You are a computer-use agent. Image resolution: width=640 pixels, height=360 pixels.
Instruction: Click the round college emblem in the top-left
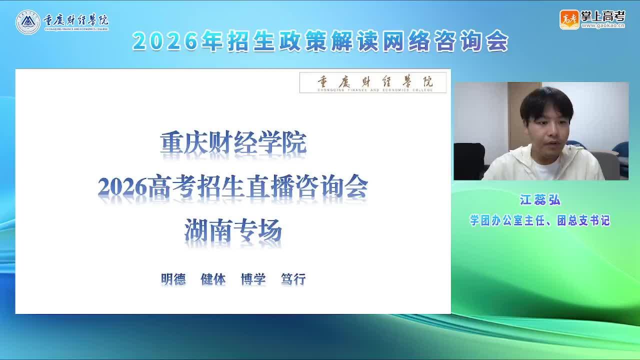coord(27,22)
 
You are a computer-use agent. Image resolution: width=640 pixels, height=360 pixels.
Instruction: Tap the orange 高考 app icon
coord(569,19)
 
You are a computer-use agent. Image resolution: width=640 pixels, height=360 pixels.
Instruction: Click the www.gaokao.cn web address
coord(603,25)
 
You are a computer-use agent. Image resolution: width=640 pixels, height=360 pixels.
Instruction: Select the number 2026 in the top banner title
coord(165,41)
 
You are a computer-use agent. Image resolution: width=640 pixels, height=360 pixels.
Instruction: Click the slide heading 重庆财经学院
coord(233,143)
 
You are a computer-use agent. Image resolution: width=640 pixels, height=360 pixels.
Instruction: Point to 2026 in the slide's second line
coord(122,187)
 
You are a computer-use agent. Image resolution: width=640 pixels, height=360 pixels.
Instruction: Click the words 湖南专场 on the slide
coord(233,230)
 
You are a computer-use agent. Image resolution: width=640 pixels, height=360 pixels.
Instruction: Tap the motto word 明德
coord(173,279)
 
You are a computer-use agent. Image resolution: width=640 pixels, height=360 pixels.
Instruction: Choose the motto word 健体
coord(213,279)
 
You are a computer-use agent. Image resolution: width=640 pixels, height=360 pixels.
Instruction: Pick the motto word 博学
coord(253,279)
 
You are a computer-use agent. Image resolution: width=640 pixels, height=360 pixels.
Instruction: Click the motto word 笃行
coord(293,279)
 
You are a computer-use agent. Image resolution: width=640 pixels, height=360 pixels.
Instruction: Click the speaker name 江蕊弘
coord(540,199)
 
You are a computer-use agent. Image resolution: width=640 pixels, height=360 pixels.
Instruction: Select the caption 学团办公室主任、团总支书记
coord(540,220)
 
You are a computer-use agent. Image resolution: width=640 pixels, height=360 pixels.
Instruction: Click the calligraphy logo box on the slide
coord(373,82)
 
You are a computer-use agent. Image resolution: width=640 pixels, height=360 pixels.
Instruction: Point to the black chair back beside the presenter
coord(469,161)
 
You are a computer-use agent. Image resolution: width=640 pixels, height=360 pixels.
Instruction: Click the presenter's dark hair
coord(546,104)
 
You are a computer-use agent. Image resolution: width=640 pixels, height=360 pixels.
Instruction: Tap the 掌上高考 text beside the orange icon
coord(603,16)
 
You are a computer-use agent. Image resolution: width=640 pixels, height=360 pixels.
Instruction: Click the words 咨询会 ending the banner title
coord(471,41)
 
